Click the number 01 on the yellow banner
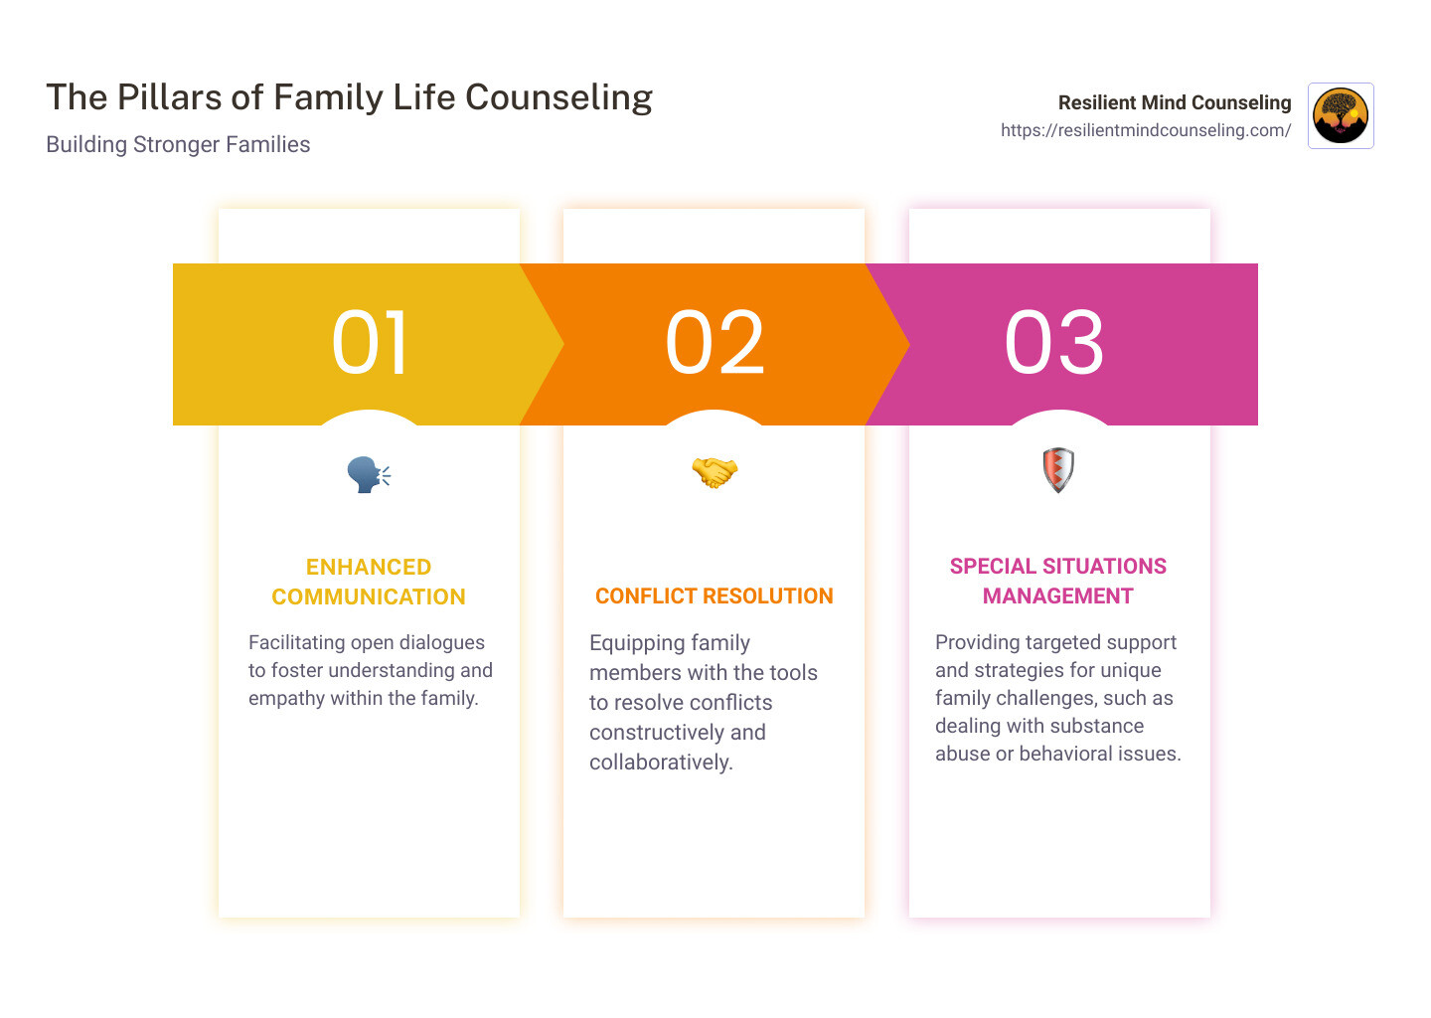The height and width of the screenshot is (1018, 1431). click(x=370, y=343)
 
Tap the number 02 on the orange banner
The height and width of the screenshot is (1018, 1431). click(x=715, y=343)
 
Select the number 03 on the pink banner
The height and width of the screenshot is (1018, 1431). click(x=1054, y=343)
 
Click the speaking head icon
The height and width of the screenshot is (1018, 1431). click(x=369, y=474)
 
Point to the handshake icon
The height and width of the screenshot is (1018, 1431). click(x=715, y=472)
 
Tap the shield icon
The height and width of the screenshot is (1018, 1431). click(x=1058, y=470)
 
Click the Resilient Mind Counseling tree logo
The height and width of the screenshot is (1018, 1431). click(x=1341, y=115)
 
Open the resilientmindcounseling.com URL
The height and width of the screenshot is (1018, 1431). click(x=1146, y=130)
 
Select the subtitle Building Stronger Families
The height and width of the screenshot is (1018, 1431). click(x=178, y=144)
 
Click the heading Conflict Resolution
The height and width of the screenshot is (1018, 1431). click(x=715, y=596)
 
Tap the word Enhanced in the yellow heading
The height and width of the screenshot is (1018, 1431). click(x=369, y=567)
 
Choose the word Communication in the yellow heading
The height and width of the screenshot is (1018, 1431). click(x=369, y=596)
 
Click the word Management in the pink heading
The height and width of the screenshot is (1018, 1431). click(x=1058, y=596)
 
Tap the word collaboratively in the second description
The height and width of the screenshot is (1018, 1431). click(x=661, y=763)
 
